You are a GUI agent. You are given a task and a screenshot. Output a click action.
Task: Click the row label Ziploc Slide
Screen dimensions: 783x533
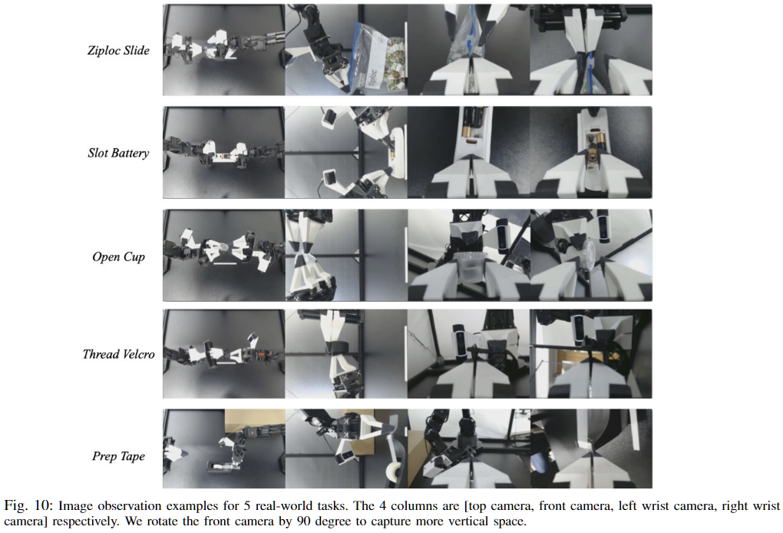point(118,51)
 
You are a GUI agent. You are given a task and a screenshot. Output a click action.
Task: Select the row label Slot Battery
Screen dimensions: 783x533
point(118,153)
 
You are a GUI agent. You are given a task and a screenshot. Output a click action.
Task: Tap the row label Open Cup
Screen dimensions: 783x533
point(118,257)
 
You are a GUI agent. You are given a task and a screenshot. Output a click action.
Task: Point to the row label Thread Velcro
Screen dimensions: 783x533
point(118,354)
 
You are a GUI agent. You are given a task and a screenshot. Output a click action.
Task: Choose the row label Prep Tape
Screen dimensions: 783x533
point(118,456)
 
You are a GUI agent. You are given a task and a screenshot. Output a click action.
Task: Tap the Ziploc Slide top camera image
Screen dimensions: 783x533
point(224,50)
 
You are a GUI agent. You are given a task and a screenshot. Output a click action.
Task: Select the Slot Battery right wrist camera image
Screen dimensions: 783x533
point(591,152)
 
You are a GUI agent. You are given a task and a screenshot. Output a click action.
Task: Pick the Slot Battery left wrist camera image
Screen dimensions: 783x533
point(469,152)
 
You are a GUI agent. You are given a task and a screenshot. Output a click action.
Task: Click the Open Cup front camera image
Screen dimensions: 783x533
point(346,255)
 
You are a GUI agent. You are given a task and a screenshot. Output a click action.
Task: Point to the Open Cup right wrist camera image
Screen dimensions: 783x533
point(591,255)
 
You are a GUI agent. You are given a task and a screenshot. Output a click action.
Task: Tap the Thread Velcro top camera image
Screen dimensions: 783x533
point(224,353)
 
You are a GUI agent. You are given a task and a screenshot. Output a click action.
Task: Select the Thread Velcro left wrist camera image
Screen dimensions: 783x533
point(469,353)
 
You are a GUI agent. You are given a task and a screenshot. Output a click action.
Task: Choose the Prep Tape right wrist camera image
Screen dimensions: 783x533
point(591,449)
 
